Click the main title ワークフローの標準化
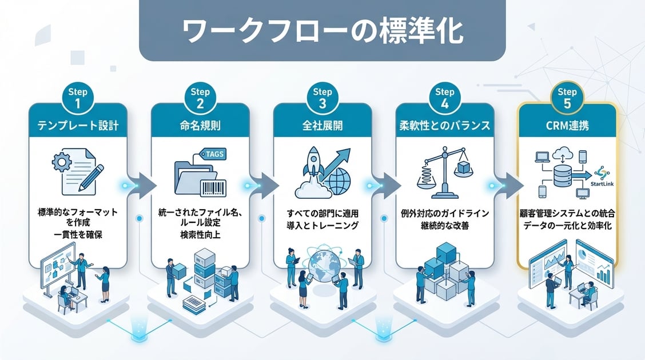(x=322, y=32)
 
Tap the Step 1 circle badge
(x=77, y=97)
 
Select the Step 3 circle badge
(x=323, y=97)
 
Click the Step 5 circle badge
(x=567, y=97)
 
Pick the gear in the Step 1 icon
(x=62, y=162)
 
